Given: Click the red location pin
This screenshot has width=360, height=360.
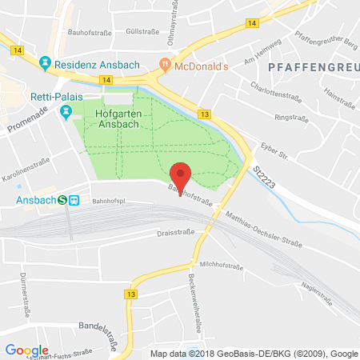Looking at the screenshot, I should click(x=182, y=174).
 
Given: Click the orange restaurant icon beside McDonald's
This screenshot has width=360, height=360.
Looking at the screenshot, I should click(x=166, y=63).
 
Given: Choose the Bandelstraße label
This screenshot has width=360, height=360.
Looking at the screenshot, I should click(x=96, y=326).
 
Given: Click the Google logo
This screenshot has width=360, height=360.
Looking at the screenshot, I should click(x=26, y=350).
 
